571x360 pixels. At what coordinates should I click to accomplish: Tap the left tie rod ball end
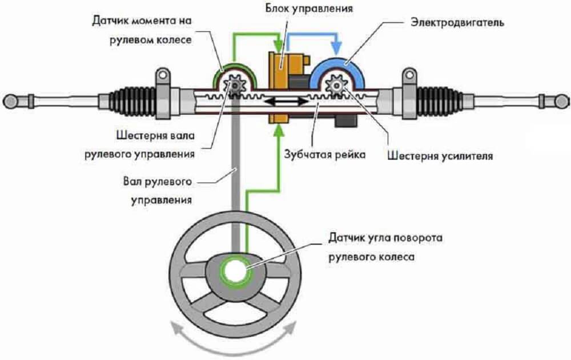[10, 102]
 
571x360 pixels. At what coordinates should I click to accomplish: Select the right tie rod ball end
[561, 102]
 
